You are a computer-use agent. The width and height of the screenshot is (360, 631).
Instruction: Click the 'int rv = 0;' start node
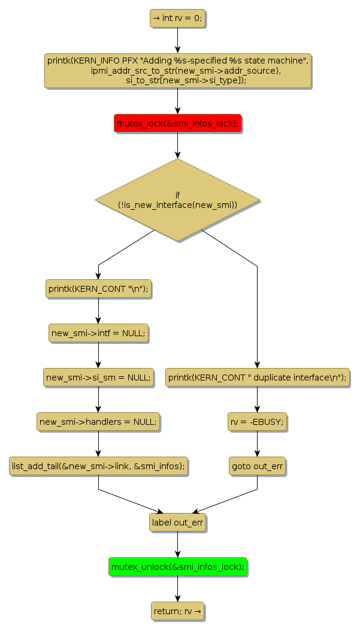[x=177, y=19]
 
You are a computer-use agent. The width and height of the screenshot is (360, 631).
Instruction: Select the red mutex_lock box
[x=177, y=123]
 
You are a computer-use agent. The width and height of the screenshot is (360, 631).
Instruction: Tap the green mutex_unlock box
[x=177, y=566]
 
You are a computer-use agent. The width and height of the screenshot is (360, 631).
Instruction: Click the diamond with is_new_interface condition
[x=177, y=200]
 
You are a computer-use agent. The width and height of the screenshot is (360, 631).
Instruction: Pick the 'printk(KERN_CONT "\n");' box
[x=98, y=289]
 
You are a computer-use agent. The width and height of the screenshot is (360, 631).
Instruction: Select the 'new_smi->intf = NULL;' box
[x=98, y=333]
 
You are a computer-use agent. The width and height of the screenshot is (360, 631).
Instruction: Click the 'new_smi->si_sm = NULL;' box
[x=98, y=378]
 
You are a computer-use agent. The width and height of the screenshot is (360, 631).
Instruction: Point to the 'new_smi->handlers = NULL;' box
[x=98, y=422]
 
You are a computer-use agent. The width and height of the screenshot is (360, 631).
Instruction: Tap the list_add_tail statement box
[x=98, y=466]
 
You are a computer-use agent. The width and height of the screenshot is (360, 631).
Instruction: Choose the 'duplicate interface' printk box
[x=258, y=378]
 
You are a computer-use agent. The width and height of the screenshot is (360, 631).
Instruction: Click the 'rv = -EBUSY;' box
[x=258, y=422]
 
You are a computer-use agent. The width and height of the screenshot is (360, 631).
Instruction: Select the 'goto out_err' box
[x=258, y=466]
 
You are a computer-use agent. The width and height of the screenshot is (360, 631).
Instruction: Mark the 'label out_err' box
[x=177, y=522]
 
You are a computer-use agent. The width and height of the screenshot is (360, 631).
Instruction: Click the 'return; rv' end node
[x=177, y=611]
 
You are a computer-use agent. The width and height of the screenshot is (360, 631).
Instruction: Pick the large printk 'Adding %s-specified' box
[x=177, y=71]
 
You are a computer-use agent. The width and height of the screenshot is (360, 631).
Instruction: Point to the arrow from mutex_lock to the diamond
[x=177, y=145]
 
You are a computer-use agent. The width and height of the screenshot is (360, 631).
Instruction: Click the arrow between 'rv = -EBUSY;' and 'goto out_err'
[x=258, y=444]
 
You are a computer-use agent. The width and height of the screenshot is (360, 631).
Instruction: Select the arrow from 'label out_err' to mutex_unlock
[x=177, y=544]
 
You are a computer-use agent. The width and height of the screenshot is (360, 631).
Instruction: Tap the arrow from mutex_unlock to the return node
[x=177, y=588]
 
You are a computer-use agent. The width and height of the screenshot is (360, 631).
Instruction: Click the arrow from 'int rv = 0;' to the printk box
[x=177, y=40]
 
